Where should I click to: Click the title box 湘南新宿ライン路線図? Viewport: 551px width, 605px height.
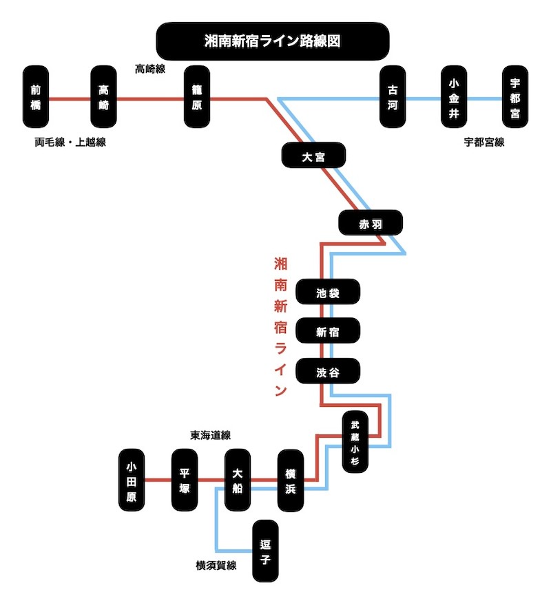(273, 41)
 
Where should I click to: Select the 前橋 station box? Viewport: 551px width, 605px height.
(36, 97)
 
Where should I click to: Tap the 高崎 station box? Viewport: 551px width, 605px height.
(104, 97)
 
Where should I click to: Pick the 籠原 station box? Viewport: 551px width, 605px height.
(196, 97)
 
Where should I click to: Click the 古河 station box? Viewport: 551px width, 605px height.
(393, 97)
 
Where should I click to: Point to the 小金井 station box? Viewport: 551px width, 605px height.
(453, 97)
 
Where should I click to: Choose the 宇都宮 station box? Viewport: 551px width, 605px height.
(514, 97)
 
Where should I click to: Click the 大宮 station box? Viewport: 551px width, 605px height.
(313, 156)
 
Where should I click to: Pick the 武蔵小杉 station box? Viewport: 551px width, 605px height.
(355, 442)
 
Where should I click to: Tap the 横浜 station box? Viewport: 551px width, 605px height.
(291, 480)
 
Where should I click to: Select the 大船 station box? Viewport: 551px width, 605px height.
(238, 480)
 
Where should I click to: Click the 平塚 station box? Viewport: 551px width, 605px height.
(185, 480)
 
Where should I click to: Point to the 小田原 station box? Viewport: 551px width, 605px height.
(132, 480)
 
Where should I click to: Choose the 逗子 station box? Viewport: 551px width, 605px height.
(265, 551)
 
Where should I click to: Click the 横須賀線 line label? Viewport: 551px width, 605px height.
(216, 566)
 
